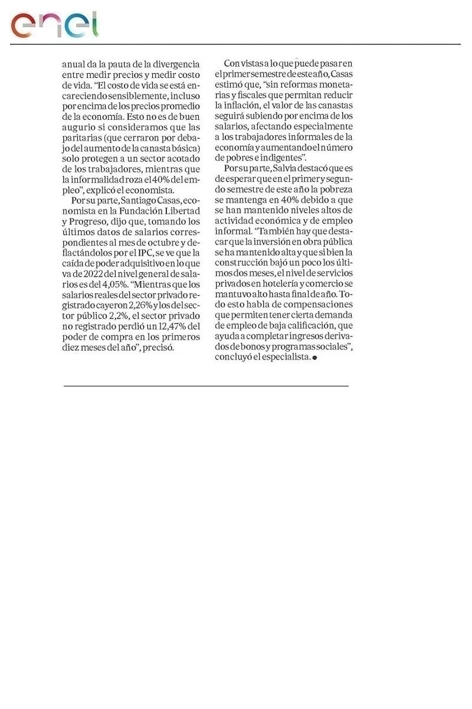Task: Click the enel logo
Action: [55, 24]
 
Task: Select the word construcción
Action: [242, 262]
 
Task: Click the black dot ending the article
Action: [314, 358]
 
